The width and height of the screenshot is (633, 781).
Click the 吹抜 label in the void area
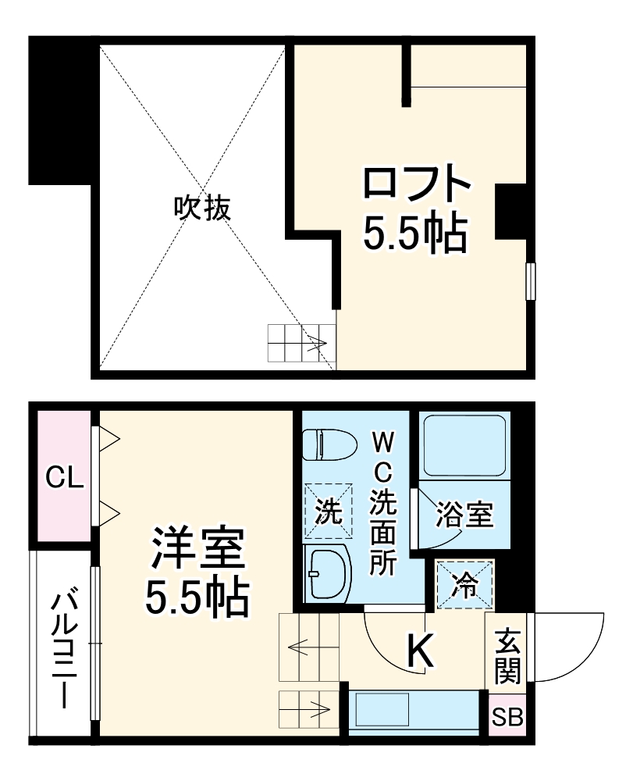point(202,207)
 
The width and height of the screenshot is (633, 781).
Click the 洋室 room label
point(198,549)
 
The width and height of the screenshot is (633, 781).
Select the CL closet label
point(63,477)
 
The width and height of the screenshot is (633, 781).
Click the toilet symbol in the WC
point(323,445)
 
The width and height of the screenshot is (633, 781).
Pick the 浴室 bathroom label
point(464,515)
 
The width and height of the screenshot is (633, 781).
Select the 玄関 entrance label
point(507,654)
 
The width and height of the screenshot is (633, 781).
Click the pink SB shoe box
point(507,715)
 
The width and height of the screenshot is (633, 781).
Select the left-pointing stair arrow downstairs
point(301,647)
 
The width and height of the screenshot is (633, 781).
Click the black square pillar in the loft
point(511,211)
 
